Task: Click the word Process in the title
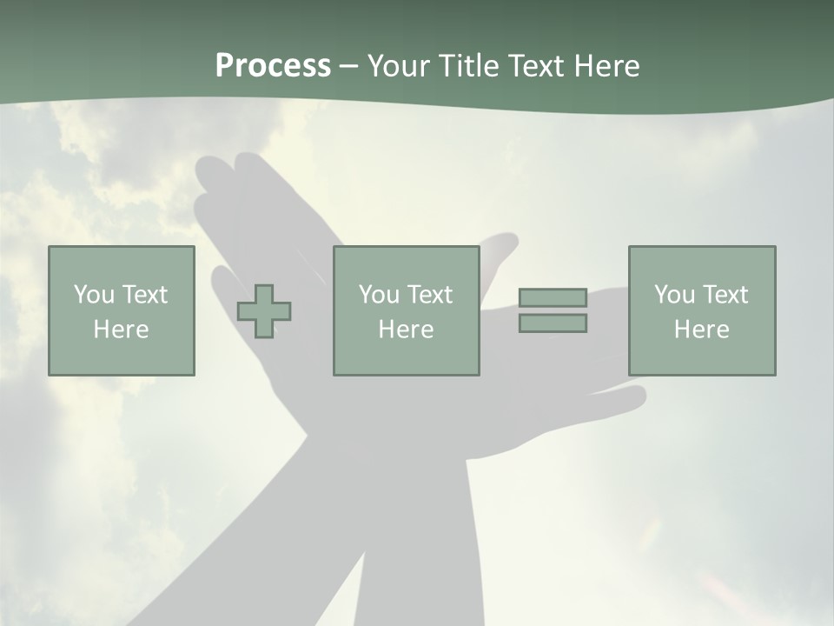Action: click(273, 66)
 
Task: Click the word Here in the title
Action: click(608, 66)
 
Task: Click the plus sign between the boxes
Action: click(264, 311)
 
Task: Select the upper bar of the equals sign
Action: click(553, 297)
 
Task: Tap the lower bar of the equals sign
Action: click(553, 323)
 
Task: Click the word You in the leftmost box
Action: click(94, 295)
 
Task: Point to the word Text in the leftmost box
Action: click(144, 295)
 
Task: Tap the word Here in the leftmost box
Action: click(122, 330)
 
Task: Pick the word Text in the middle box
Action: click(429, 295)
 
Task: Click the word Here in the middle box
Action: click(407, 330)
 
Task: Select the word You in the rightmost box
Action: click(674, 295)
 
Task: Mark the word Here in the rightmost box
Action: click(702, 330)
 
